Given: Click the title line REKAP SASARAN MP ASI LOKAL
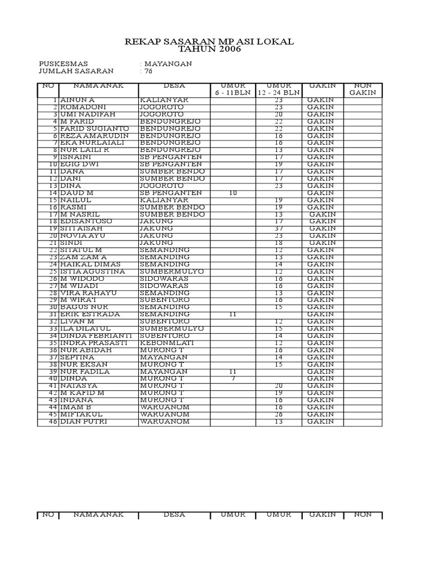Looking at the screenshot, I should click(x=209, y=41).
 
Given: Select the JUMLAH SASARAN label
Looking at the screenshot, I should click(x=76, y=71).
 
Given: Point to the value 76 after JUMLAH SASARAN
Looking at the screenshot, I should click(x=148, y=71).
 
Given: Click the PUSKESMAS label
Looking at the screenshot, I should click(x=63, y=64).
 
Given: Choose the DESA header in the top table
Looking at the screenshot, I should click(x=174, y=86).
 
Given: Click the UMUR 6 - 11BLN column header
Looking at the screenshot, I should click(x=232, y=89).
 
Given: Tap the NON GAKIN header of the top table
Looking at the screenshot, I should click(x=362, y=89).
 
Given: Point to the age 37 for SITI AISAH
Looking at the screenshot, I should click(x=279, y=228).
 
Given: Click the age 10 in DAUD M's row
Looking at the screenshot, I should click(x=233, y=193).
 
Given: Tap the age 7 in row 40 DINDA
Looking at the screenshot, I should click(x=233, y=379).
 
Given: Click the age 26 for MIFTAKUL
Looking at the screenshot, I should click(x=279, y=415).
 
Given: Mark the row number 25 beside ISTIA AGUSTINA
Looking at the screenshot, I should click(x=53, y=271).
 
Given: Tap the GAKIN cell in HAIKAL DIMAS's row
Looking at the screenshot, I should click(x=320, y=264).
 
